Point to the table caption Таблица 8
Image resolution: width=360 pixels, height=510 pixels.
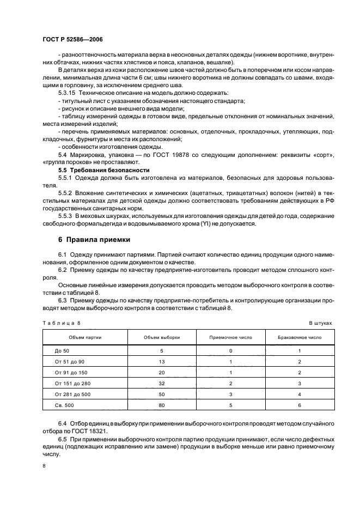61,323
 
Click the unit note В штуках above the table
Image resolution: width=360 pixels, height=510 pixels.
320,323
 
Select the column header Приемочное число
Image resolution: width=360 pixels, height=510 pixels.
230,338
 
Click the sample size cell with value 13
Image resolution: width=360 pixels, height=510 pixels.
161,362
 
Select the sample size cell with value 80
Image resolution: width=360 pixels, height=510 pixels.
161,405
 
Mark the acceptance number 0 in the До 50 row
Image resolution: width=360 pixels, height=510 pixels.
230,351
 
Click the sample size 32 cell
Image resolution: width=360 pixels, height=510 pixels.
161,384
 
